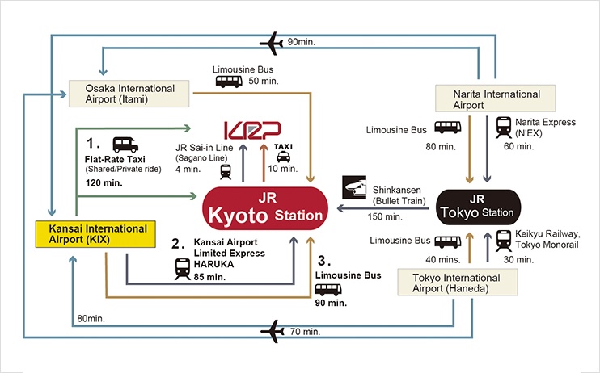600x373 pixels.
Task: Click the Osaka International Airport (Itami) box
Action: pyautogui.click(x=129, y=94)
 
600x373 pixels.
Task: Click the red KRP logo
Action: pyautogui.click(x=251, y=130)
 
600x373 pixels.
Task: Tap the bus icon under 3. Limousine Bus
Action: pyautogui.click(x=328, y=289)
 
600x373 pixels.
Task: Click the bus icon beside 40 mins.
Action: pyautogui.click(x=447, y=241)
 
